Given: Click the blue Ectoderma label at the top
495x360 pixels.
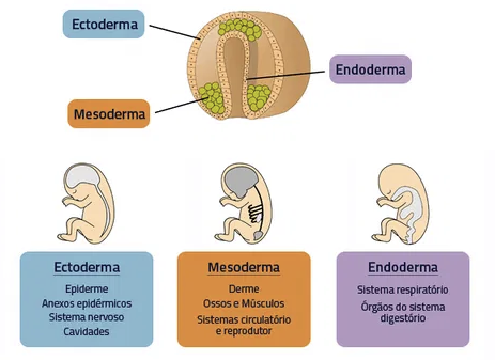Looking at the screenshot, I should point(103,24).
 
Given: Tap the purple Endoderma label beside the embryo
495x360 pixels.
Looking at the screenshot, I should point(370,69).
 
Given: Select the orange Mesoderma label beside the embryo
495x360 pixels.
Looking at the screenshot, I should point(109,114).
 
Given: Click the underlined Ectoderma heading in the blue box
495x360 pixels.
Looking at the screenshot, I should point(87,267).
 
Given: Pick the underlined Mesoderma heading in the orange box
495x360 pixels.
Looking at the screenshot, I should point(244,267).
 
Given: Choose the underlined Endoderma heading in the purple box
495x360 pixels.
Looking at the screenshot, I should point(403,267).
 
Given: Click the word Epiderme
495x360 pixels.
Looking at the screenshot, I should point(87,289).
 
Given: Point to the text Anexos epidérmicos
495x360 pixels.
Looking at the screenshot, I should point(87,303).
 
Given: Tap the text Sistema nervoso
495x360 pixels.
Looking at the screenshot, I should point(87,317).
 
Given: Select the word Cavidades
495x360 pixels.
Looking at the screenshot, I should point(87,331).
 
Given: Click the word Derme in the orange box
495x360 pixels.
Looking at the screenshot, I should point(244,289).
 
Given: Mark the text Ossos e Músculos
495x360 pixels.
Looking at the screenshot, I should point(244,303).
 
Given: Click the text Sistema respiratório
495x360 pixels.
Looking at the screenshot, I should point(403,290).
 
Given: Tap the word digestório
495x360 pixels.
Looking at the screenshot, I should point(403,318).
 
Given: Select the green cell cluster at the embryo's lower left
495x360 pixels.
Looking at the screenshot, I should point(211,96).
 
